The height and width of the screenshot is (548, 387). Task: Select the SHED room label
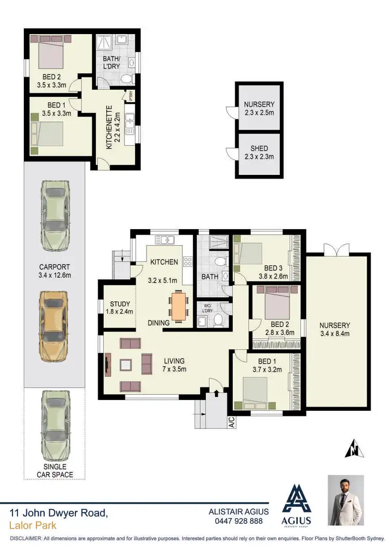(x=259, y=149)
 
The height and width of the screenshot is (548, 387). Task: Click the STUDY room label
(x=120, y=304)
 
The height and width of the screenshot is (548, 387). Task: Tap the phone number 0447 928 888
(x=238, y=521)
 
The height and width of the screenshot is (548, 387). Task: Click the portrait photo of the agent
(x=346, y=501)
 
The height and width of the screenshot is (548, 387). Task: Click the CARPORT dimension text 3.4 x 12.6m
(x=55, y=275)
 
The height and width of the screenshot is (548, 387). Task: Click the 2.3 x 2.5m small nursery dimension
(x=259, y=112)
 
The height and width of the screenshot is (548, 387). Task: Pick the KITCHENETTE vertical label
(x=109, y=127)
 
